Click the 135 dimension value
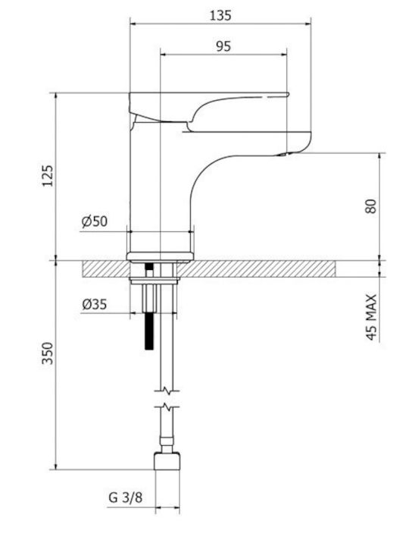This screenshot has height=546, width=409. pos(220,15)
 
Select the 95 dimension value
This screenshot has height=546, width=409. pos(223,46)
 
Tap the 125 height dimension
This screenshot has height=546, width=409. pos(48,176)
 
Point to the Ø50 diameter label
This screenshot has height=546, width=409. pos(95,221)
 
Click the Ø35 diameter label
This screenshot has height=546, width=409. pos(94,304)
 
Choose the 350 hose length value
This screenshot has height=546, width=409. pos(47,353)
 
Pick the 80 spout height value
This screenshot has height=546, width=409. pos(370,206)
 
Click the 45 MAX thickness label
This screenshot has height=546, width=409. pos(371,317)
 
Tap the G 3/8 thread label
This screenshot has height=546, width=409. pos(126,497)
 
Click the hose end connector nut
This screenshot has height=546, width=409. pos(167,461)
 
